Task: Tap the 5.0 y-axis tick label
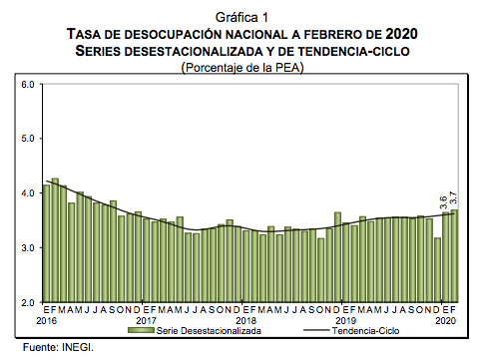point(28,140)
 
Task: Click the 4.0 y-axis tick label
point(28,193)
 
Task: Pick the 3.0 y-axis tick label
point(28,247)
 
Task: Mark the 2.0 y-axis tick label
point(28,301)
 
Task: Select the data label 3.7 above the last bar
point(455,198)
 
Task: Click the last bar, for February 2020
point(455,255)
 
